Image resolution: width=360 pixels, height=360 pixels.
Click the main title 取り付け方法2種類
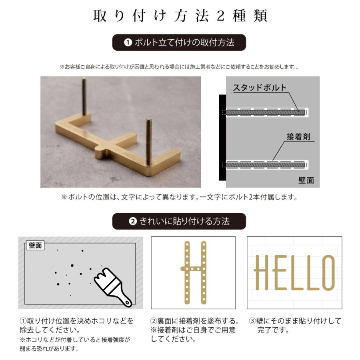(x=180, y=15)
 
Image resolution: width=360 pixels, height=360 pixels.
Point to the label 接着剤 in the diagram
(x=298, y=136)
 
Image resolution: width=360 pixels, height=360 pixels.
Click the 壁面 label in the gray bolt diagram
(x=306, y=180)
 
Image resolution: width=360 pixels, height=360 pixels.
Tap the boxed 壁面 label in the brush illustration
(x=36, y=246)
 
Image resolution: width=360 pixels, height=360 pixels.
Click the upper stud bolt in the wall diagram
(x=264, y=112)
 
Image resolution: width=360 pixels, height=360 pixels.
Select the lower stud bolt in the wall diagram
(x=264, y=164)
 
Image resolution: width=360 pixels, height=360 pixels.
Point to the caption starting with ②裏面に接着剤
(x=195, y=330)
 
